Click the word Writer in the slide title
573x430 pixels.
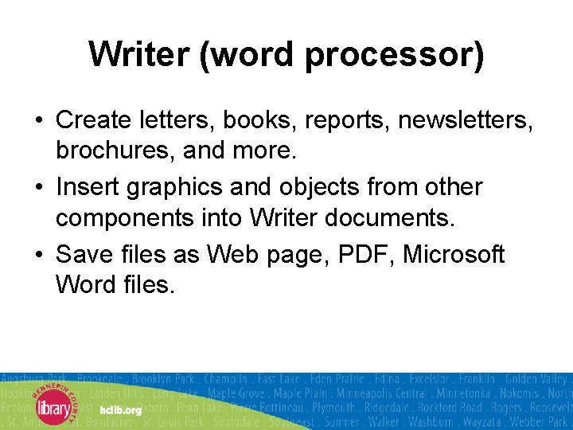pos(138,54)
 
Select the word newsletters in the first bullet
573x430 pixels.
pos(465,120)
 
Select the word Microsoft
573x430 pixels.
pos(454,254)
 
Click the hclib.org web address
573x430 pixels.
pos(121,410)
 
